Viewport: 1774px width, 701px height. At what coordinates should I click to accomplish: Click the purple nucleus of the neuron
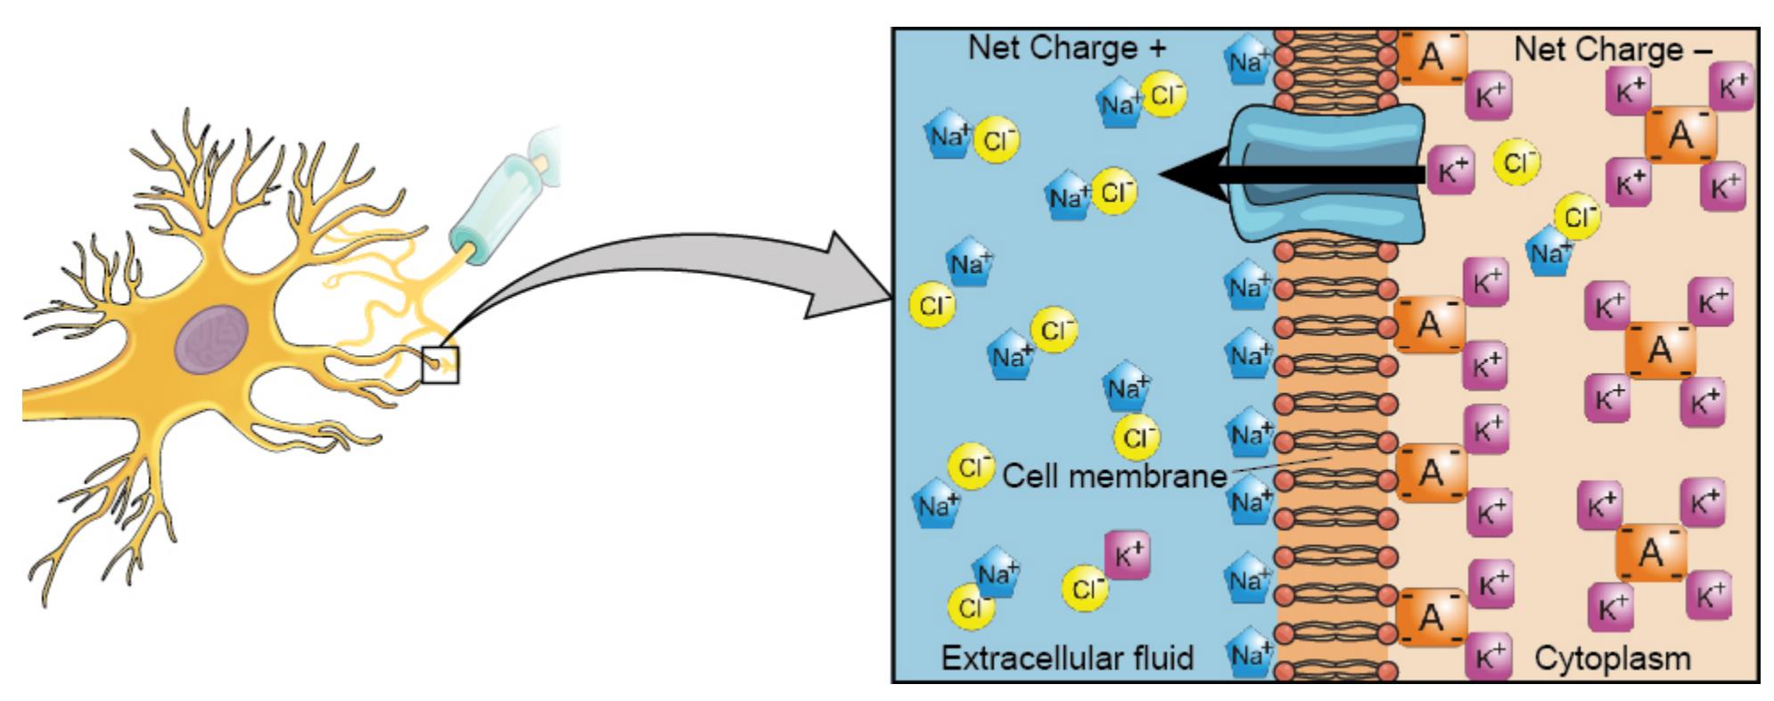point(211,340)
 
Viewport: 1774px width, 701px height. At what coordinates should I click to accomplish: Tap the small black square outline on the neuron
point(440,365)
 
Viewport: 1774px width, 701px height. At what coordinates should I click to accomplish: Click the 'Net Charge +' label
point(1066,47)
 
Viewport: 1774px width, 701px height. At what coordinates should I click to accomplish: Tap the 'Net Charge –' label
point(1613,50)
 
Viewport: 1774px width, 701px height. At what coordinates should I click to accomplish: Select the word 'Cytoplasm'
point(1612,659)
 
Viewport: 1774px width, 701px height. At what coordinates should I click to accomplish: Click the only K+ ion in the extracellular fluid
point(1127,556)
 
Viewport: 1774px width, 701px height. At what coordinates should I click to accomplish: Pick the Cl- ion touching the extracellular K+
point(1086,588)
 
